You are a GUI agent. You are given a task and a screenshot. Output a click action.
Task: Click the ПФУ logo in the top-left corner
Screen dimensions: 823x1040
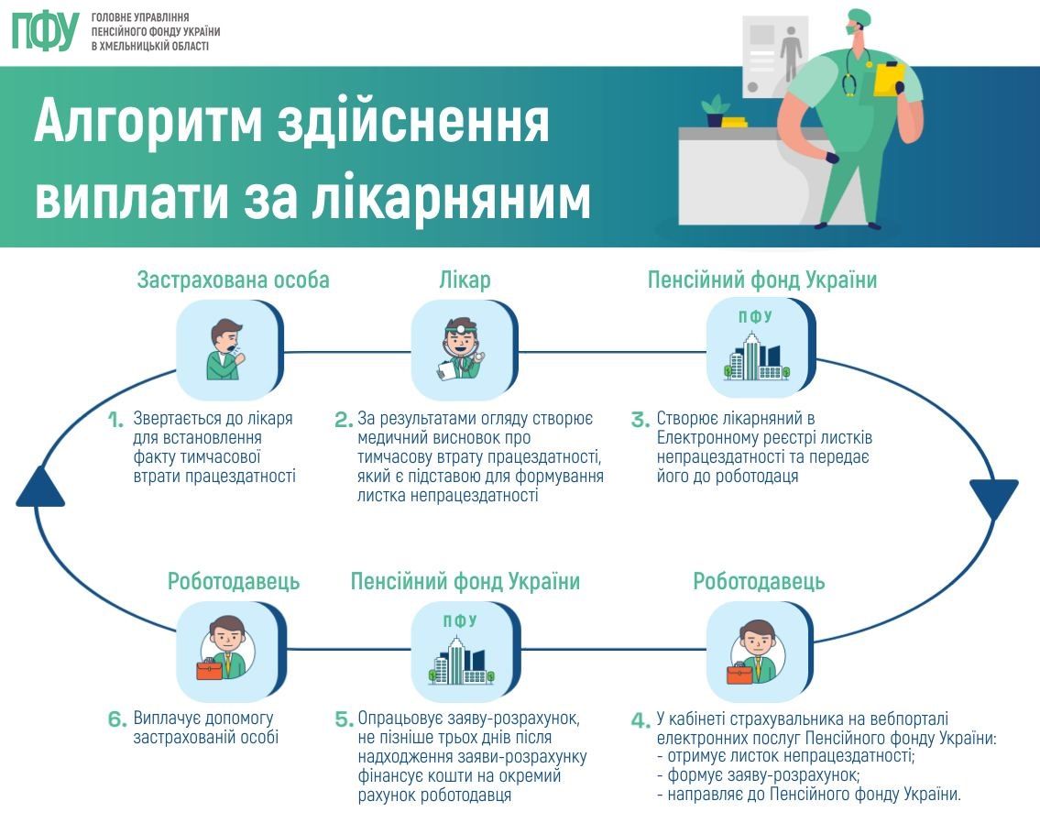click(x=45, y=31)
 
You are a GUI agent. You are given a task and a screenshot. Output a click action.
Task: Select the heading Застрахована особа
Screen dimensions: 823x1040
click(x=233, y=280)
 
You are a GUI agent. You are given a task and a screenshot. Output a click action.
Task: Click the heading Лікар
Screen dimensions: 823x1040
click(x=465, y=280)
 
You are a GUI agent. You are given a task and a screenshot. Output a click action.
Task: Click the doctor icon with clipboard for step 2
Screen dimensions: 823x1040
click(x=464, y=350)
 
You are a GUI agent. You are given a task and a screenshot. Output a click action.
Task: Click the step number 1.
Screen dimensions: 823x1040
click(x=115, y=421)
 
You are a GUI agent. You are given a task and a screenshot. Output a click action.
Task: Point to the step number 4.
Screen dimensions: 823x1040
click(x=640, y=720)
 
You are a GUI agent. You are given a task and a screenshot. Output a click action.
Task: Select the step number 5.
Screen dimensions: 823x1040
click(x=344, y=719)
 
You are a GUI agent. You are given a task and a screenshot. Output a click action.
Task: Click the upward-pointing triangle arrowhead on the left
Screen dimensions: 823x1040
click(x=41, y=486)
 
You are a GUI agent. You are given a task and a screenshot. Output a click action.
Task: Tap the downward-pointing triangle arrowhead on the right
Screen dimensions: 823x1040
click(x=993, y=499)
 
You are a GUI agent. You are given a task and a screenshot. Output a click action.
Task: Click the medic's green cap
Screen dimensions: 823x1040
click(x=859, y=16)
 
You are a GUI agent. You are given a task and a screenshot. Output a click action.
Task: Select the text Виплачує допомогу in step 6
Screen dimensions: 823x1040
click(x=203, y=718)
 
